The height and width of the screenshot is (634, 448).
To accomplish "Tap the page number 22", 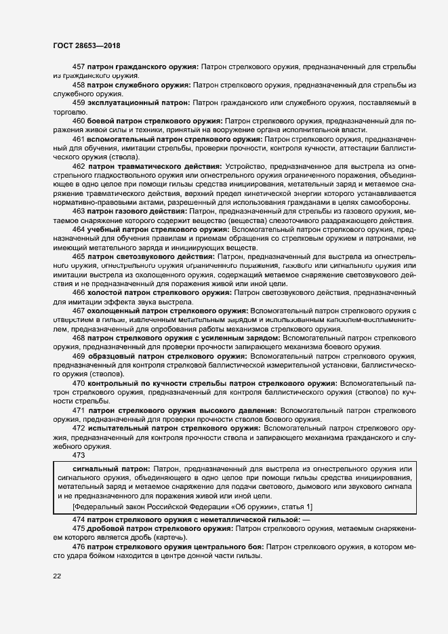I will coord(58,576).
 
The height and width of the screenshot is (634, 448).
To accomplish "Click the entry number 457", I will coord(78,68).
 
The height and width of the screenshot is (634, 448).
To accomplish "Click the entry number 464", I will coord(78,229).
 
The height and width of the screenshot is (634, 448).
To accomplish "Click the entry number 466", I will coord(78,292).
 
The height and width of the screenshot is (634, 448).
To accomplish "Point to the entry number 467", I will coord(78,311).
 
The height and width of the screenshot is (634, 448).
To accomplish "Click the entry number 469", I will coord(78,356).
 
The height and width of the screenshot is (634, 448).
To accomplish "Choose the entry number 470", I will coord(78,383).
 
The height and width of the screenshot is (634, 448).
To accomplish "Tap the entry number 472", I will coord(78,429).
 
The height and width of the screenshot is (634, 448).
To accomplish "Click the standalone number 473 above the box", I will coord(78,456).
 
